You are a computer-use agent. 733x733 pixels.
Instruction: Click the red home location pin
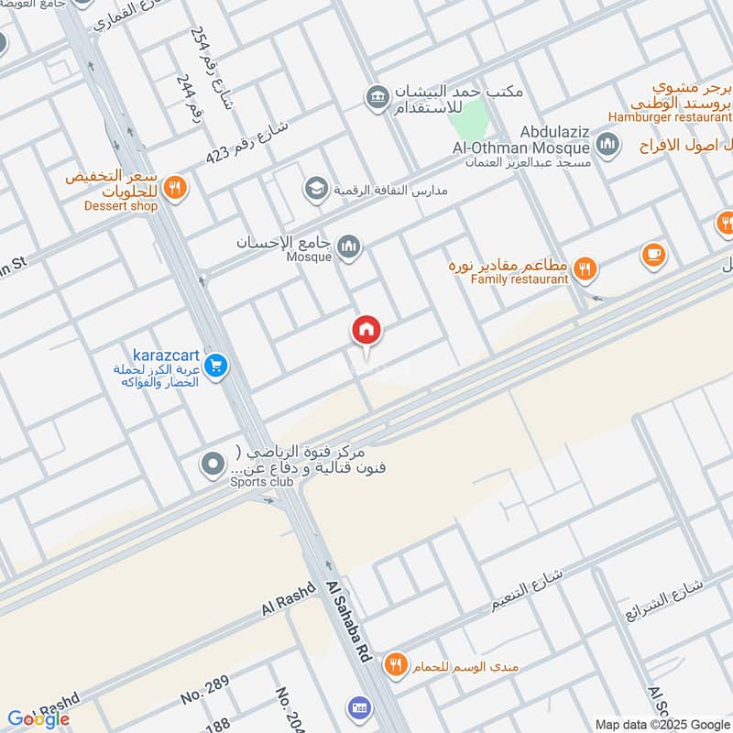coord(366,330)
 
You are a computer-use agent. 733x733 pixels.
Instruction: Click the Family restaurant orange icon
coord(585,269)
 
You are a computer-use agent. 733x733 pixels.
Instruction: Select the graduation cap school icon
coord(316,189)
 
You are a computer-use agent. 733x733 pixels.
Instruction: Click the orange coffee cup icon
coord(652,254)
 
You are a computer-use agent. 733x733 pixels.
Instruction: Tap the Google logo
coord(38,718)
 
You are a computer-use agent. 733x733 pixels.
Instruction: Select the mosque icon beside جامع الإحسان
coord(348,246)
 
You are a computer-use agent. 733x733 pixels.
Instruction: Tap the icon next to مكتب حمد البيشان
coord(376,95)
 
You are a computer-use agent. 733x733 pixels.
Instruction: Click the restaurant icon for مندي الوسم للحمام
coord(395,664)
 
